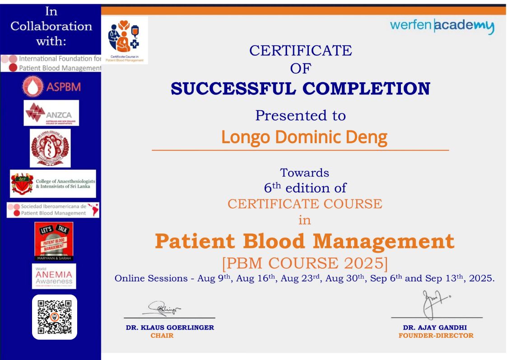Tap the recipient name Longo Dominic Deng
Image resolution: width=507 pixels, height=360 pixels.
pos(304,137)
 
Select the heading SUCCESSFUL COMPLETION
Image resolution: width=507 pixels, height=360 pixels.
pos(300,89)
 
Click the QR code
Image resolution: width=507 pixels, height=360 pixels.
pos(55,317)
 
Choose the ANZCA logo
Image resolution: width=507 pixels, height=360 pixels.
pos(51,112)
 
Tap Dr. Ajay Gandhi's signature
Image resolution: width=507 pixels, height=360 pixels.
pos(431,304)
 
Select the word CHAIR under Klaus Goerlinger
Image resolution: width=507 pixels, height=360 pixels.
pos(162,336)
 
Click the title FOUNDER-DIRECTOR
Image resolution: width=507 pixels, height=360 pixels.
pos(436,336)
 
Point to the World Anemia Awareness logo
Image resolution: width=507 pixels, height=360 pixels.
pos(54,276)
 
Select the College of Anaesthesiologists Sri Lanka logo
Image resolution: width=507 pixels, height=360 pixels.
pos(53,183)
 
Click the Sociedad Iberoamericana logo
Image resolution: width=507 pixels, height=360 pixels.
pos(53,210)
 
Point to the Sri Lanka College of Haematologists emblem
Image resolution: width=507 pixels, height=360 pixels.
pos(50,148)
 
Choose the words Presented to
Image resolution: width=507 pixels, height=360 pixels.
pos(300,115)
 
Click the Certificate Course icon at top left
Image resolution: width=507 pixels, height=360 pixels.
pos(125,40)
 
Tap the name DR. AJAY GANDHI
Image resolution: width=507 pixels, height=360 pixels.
pos(435,327)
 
